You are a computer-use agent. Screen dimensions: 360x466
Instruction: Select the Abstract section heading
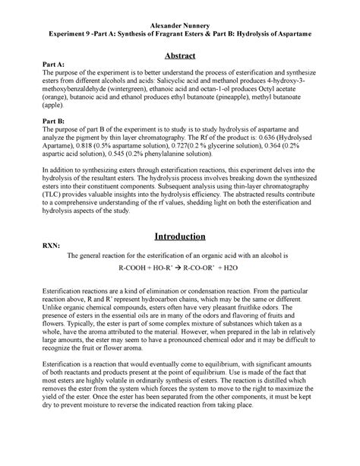click(x=182, y=56)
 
